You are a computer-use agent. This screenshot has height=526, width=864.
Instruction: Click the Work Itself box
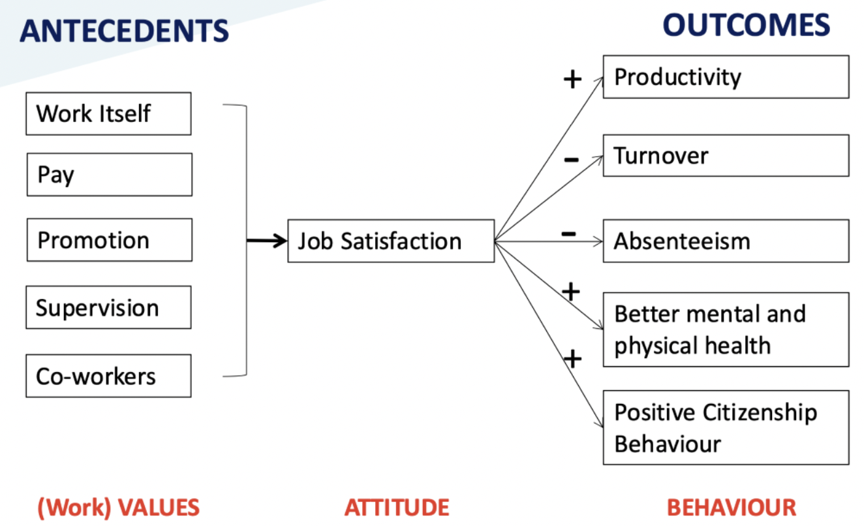[x=108, y=114]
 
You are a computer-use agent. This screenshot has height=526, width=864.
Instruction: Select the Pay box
[x=110, y=175]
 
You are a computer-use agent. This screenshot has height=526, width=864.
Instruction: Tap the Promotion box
[x=110, y=240]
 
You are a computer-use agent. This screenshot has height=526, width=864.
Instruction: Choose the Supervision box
[x=108, y=307]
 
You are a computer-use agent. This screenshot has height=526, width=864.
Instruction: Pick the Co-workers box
[x=108, y=376]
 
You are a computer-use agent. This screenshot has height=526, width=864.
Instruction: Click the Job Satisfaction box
[x=391, y=241]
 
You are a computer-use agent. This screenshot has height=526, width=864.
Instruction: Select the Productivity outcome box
[x=726, y=77]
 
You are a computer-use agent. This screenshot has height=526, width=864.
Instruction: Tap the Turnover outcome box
[x=726, y=155]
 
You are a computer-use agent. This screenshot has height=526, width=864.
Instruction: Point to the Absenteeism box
[x=726, y=241]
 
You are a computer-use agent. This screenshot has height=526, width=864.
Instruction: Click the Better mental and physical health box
[x=726, y=330]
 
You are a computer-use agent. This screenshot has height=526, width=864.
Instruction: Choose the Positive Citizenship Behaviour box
[x=726, y=427]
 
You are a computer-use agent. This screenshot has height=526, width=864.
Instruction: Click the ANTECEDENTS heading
[x=124, y=31]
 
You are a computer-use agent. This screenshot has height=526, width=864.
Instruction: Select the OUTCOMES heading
[x=747, y=25]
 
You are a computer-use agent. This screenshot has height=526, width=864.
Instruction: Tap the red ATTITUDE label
[x=397, y=507]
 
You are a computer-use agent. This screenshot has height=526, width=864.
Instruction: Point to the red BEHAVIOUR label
[x=732, y=507]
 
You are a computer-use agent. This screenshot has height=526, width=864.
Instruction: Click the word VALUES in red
[x=159, y=507]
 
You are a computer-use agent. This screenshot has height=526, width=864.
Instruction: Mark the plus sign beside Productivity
[x=572, y=79]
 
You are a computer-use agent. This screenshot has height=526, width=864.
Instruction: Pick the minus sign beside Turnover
[x=571, y=159]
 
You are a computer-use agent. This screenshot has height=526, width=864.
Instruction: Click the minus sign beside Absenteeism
[x=568, y=234]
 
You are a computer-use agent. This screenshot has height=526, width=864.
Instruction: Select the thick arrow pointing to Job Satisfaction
[x=267, y=241]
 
